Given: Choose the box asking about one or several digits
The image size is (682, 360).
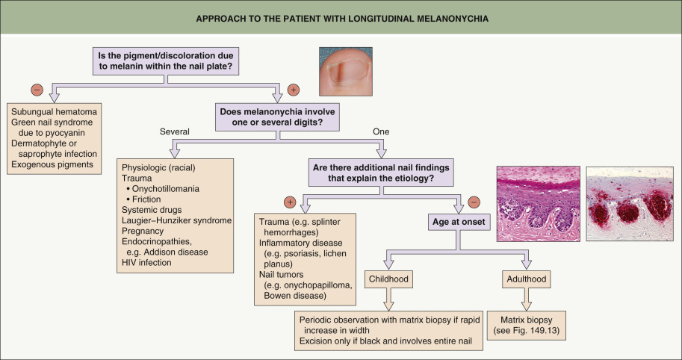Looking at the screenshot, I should pyautogui.click(x=278, y=116).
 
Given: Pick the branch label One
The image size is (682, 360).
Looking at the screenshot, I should pyautogui.click(x=382, y=131).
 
